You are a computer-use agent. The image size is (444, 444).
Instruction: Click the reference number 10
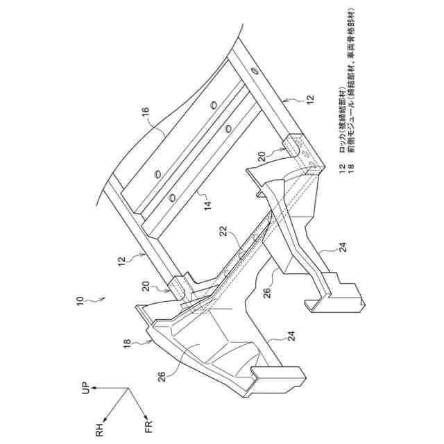pyautogui.click(x=81, y=301)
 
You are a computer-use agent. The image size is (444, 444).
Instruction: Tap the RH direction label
pyautogui.click(x=99, y=432)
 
